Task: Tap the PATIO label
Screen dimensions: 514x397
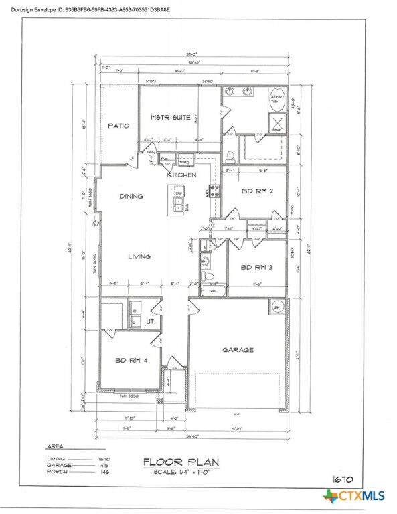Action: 118,125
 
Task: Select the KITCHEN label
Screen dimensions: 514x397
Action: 181,175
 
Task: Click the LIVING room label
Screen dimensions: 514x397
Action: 139,256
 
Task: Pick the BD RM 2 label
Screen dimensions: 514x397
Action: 255,191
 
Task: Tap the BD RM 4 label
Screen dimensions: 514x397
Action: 131,360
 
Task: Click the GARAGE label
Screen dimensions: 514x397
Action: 238,349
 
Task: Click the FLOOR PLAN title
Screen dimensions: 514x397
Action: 178,462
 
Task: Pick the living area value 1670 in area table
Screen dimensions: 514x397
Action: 104,458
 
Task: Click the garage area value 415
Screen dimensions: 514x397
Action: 104,465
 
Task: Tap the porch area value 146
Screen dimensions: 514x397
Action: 104,472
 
